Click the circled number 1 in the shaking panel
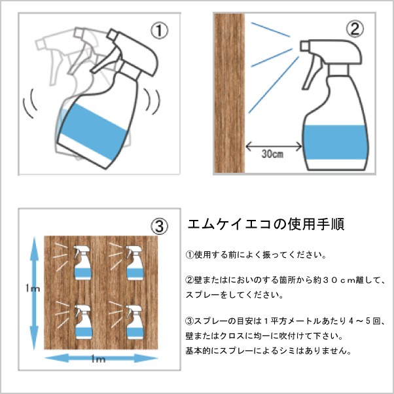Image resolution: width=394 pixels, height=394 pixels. point(159,30)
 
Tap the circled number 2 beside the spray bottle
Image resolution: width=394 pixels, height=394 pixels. point(355,29)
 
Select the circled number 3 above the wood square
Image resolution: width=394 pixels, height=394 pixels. point(159,226)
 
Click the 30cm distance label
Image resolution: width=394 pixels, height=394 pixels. point(273,154)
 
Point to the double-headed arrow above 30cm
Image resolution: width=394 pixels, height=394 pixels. point(274,146)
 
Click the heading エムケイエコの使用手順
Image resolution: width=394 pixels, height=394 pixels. point(266,224)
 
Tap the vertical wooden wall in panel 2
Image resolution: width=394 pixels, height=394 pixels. point(229,93)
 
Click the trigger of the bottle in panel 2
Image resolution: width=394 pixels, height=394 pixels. point(312,73)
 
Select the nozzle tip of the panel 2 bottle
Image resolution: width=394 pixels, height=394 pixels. point(304,46)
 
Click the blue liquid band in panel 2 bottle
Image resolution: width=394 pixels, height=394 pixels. point(336,142)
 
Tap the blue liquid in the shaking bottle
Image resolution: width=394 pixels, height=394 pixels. point(94,132)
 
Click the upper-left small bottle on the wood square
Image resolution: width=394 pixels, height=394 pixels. point(82,263)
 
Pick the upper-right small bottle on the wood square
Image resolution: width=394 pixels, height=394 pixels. point(134,263)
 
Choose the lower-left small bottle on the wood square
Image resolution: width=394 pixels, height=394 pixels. point(83,322)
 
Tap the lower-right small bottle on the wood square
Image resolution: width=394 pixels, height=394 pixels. point(135,322)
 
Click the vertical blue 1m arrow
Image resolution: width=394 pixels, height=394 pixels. point(34,293)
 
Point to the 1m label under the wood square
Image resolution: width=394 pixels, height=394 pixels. point(98,359)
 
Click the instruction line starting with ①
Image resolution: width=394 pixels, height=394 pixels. point(256,255)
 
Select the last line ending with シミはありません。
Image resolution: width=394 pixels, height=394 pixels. point(268,351)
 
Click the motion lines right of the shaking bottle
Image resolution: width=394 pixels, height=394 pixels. point(152,101)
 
